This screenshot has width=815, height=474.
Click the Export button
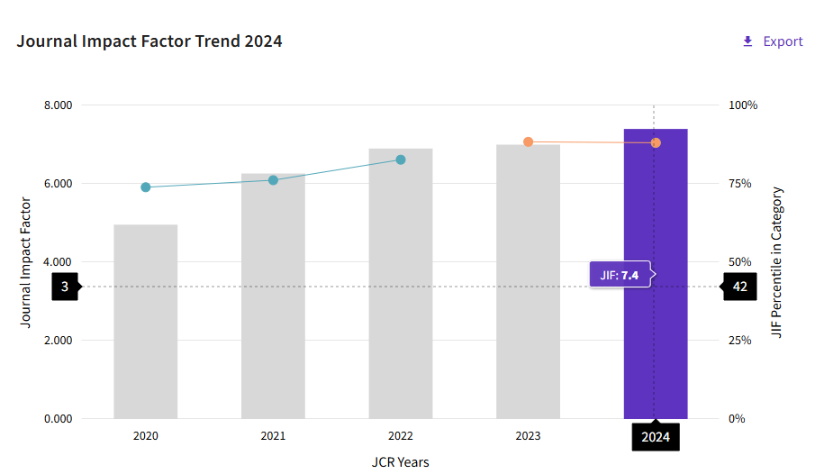click(x=772, y=41)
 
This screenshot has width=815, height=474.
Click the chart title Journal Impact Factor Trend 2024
click(x=149, y=41)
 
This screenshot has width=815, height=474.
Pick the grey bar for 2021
click(x=273, y=297)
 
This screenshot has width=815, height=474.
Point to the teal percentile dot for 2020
click(x=146, y=187)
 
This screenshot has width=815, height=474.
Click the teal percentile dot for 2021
click(x=273, y=180)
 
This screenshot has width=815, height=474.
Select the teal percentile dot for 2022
click(x=401, y=160)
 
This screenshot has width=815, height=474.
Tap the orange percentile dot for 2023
click(x=529, y=142)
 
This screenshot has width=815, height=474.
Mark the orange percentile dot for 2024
click(x=656, y=143)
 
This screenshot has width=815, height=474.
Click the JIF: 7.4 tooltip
click(x=620, y=275)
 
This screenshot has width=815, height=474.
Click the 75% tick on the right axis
click(x=741, y=184)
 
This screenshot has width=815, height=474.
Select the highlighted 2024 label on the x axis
click(x=656, y=438)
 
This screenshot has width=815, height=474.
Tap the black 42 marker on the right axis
click(x=739, y=287)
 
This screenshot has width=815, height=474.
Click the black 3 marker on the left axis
click(x=65, y=287)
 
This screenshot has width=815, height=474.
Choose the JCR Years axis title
click(x=401, y=462)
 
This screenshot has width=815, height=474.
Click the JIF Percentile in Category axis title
click(x=778, y=262)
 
